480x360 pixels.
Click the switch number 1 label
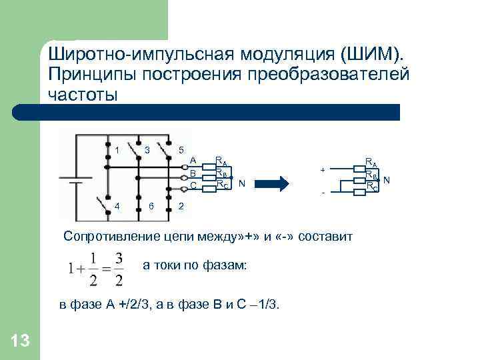tap(117, 149)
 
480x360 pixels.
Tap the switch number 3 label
tap(147, 149)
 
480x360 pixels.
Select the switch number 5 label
tap(181, 149)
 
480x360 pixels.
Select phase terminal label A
tap(193, 160)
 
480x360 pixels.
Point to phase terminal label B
tap(193, 173)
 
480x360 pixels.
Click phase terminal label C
tap(193, 185)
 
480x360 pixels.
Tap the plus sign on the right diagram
tap(323, 170)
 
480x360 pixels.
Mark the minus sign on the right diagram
tap(323, 193)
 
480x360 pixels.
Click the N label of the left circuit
tap(241, 183)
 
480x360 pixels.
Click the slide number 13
tap(20, 341)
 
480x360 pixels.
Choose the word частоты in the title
tap(83, 94)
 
